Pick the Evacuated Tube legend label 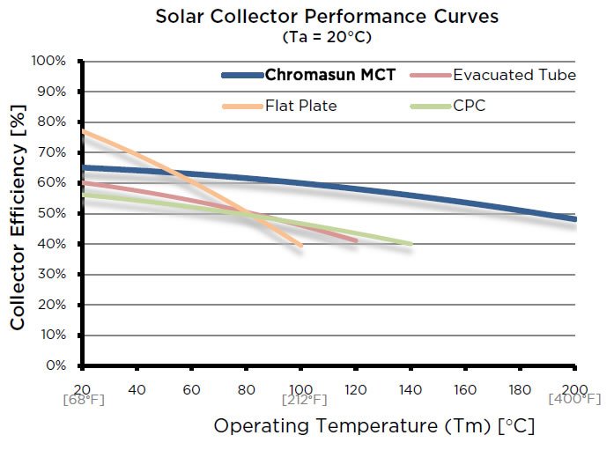click(x=514, y=75)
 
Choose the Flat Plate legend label click(x=301, y=106)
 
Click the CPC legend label click(x=470, y=106)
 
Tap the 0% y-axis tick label click(x=57, y=365)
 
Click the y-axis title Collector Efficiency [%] click(x=18, y=213)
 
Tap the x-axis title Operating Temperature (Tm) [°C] click(x=374, y=427)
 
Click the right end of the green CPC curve click(x=411, y=244)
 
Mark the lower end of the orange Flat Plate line click(x=301, y=245)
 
